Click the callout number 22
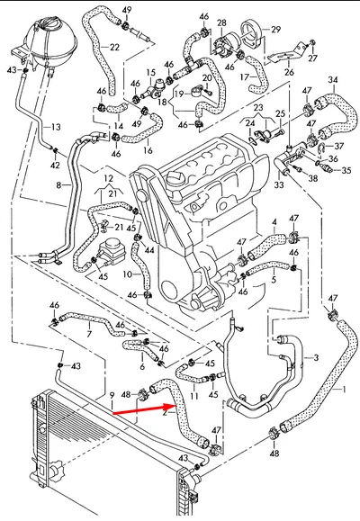point(114,47)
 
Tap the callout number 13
point(56,127)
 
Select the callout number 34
point(333,80)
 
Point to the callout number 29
point(275,30)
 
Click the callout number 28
point(221,22)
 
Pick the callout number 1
point(344,389)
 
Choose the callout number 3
point(316,357)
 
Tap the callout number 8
point(58,185)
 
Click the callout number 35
point(346,170)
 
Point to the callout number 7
point(89,334)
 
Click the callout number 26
point(289,72)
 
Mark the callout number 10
point(128,274)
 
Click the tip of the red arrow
point(175,405)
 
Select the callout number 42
point(55,165)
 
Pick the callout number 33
point(279,184)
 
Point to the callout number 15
point(151,72)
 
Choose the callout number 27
point(313,58)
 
